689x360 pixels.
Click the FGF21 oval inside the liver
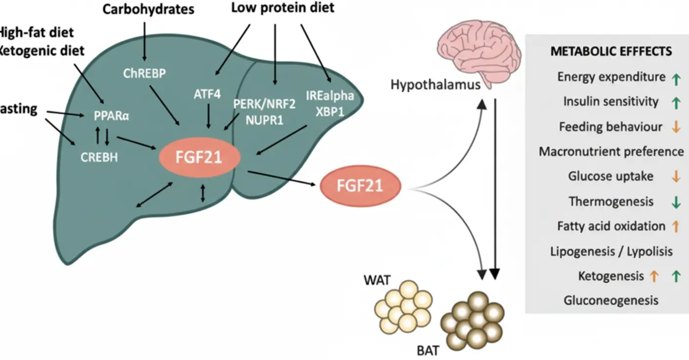coord(199,157)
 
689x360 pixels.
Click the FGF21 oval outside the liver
coord(361,186)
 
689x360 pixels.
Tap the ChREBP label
coord(144,73)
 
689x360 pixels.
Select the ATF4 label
coord(207,94)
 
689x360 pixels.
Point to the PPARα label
coord(112,116)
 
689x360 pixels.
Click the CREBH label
coord(99,157)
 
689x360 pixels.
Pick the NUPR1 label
coord(264,120)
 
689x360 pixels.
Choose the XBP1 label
coord(330,112)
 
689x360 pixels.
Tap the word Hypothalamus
coord(435,85)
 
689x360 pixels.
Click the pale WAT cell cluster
coord(403,307)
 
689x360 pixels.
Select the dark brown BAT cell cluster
coord(472,321)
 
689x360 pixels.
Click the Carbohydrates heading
coord(148,9)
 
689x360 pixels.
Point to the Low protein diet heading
coord(283,8)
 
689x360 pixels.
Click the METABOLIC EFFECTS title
coord(611,51)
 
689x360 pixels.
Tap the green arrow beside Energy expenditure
coord(676,80)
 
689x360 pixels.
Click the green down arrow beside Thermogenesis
coord(676,202)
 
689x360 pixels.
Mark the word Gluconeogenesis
coord(611,300)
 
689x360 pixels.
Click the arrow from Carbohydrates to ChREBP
coord(144,42)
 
